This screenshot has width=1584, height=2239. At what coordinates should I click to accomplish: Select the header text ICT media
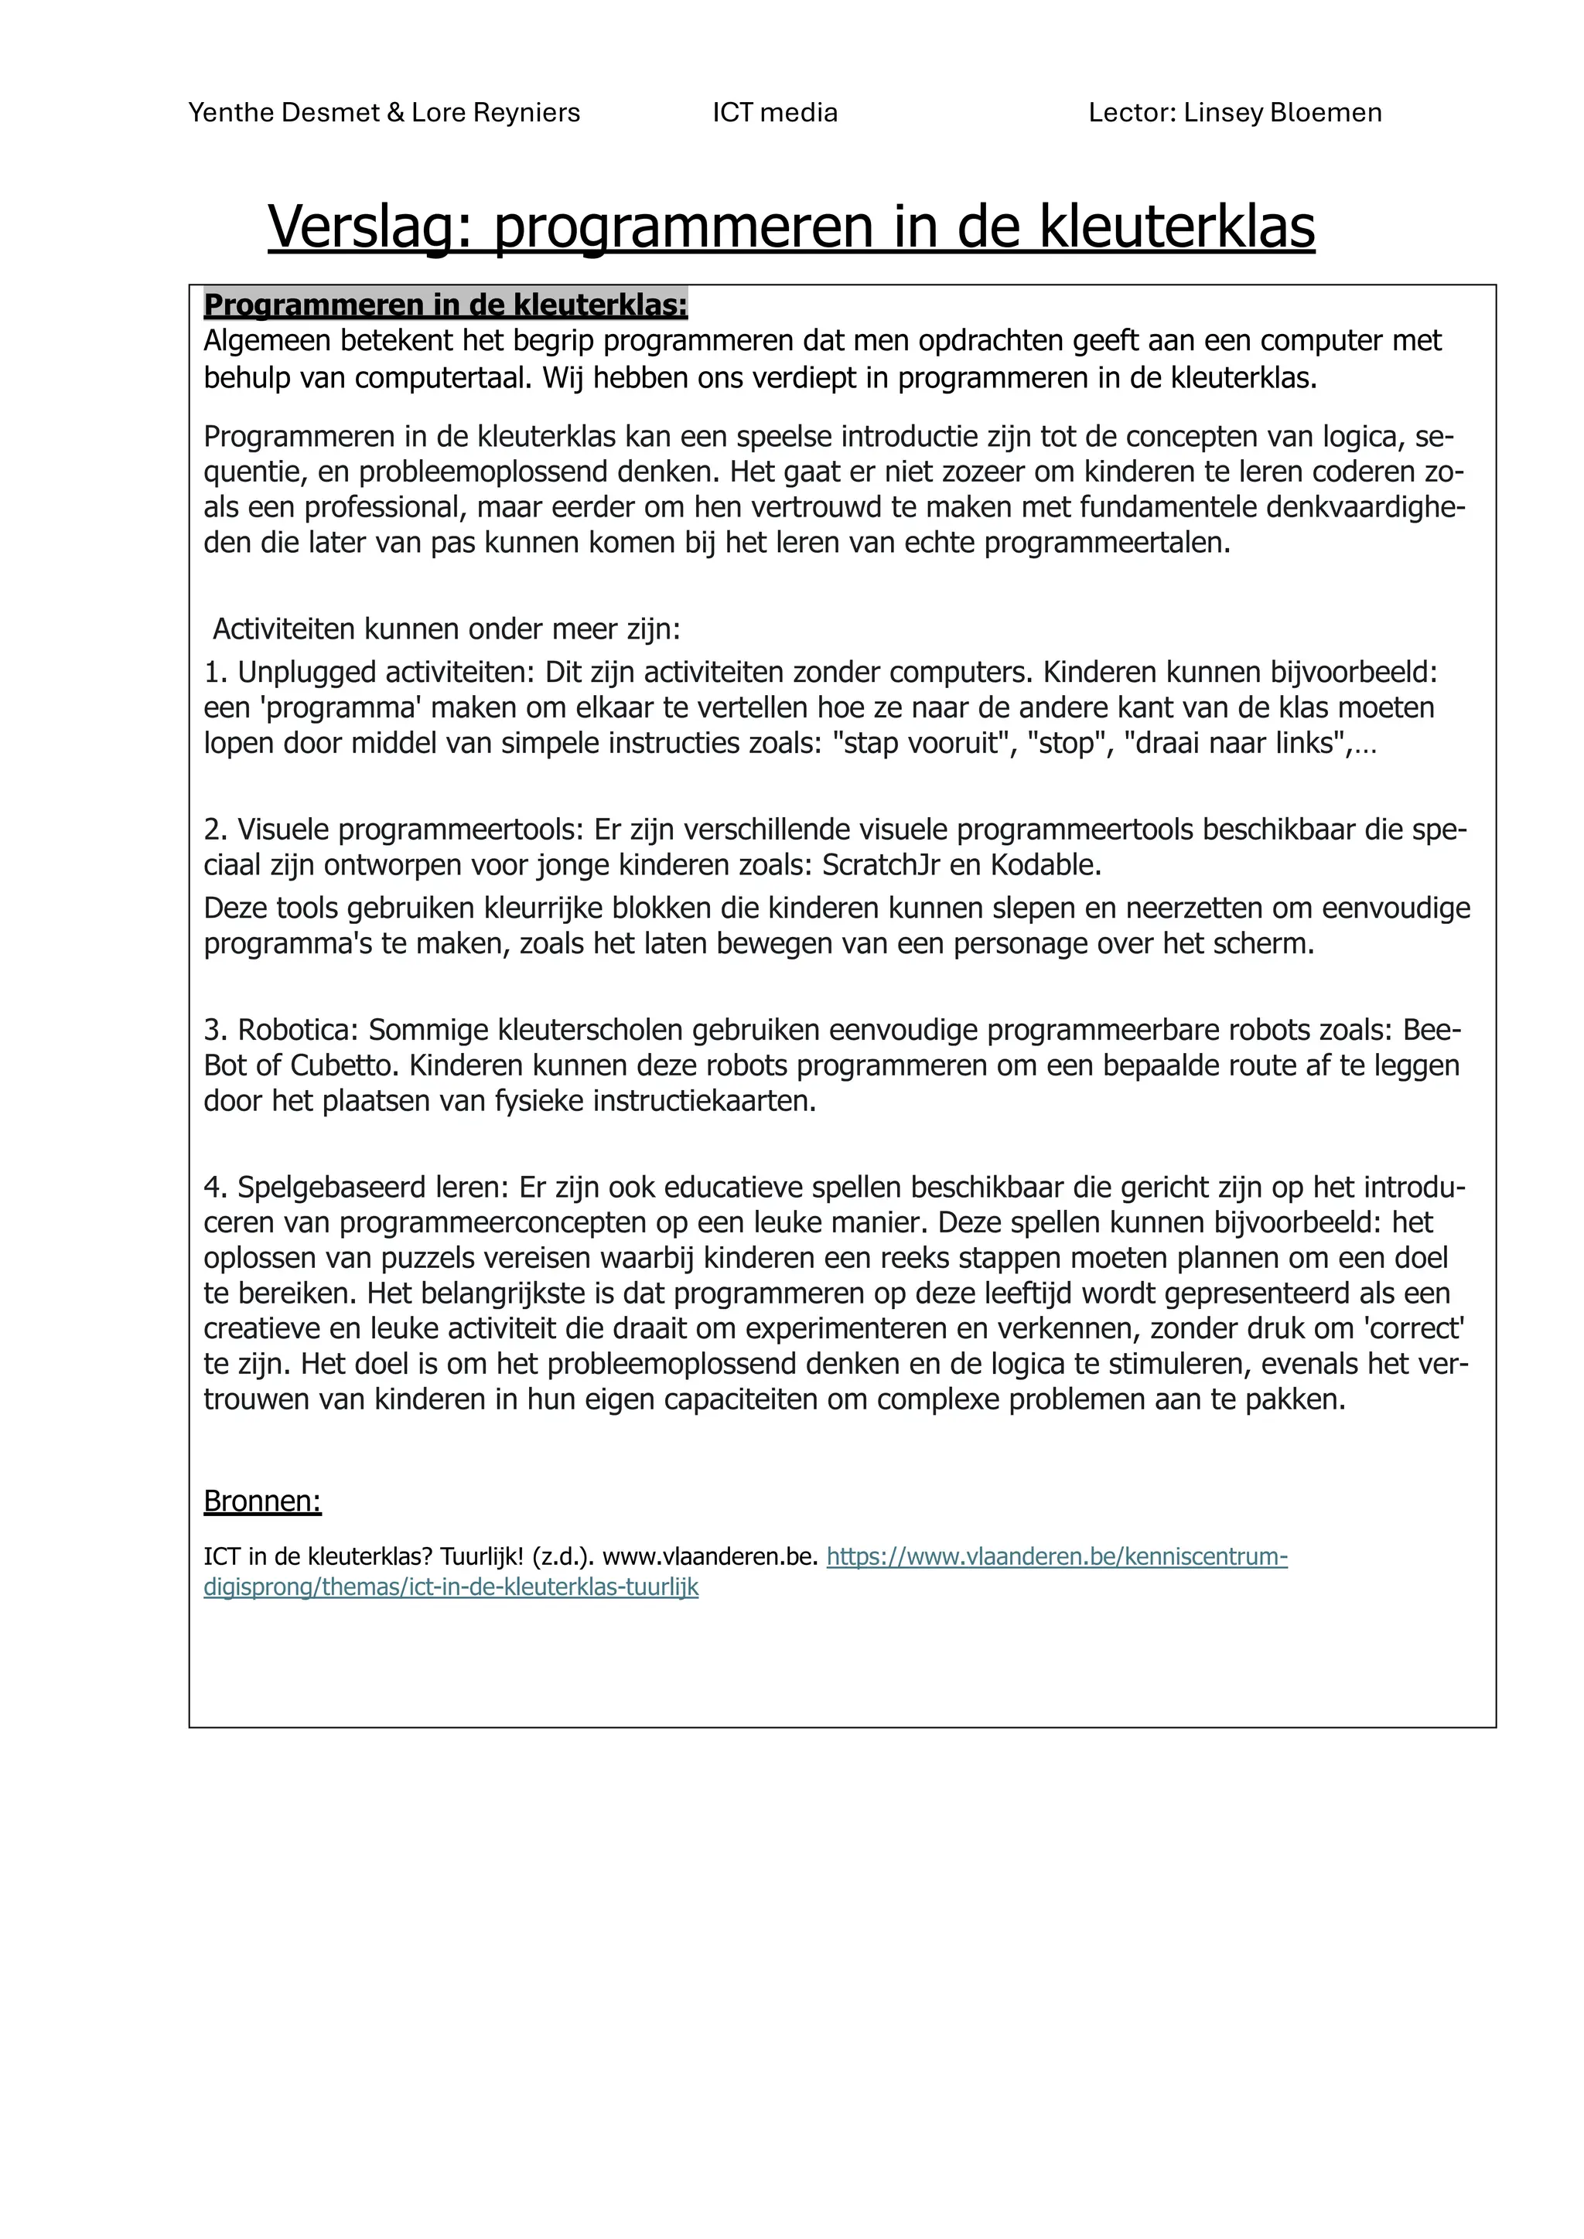coord(774,113)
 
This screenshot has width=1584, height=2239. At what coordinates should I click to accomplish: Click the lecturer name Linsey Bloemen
coord(1282,113)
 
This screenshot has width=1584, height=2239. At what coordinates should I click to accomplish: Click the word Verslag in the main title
coord(370,227)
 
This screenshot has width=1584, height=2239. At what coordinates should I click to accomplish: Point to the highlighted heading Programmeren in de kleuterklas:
coord(445,305)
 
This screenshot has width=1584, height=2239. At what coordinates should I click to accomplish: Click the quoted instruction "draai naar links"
coord(1233,743)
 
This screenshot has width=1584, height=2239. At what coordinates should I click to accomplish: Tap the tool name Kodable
coord(1046,865)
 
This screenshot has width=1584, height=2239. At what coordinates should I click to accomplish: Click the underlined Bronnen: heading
coord(262,1501)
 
